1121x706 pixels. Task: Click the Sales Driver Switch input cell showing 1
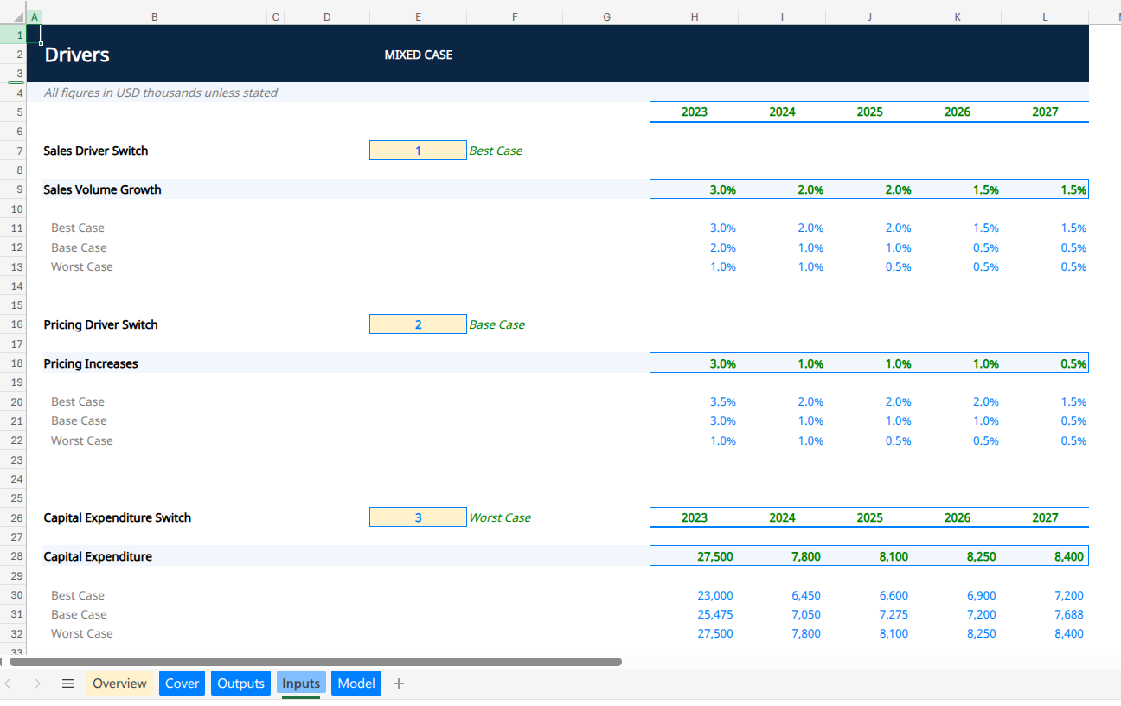click(418, 151)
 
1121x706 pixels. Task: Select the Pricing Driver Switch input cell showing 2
click(418, 324)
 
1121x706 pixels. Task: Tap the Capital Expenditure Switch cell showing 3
click(418, 517)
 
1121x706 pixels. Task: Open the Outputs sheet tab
click(240, 684)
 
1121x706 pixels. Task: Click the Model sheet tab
click(356, 684)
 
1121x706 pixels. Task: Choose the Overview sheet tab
click(119, 684)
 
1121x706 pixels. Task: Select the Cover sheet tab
click(183, 684)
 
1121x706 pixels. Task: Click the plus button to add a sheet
click(399, 684)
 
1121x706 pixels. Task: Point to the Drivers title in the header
click(77, 55)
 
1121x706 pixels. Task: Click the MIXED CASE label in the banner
click(419, 55)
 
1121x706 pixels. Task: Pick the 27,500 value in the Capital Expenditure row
click(715, 556)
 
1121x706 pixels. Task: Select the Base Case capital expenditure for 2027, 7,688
click(1069, 614)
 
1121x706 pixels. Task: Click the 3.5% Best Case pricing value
click(722, 401)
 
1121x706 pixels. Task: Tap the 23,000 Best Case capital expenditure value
click(715, 595)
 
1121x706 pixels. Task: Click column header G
click(606, 17)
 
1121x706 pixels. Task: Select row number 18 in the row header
click(17, 363)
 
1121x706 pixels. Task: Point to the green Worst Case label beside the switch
click(500, 517)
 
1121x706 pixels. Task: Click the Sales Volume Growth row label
click(102, 189)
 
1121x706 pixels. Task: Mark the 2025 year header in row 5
click(870, 112)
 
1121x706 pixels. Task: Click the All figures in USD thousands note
click(160, 93)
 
